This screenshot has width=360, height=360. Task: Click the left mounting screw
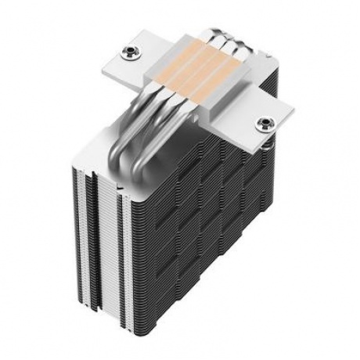coord(128,53)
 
